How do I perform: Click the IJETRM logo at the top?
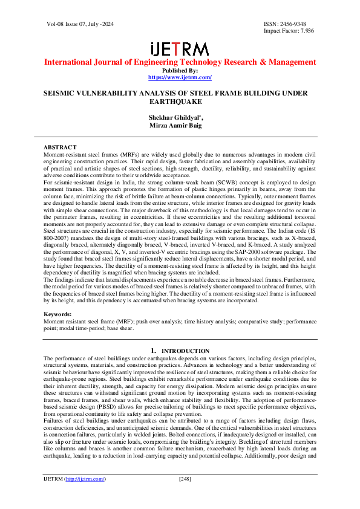click(180, 49)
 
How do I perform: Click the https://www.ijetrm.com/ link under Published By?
click(180, 77)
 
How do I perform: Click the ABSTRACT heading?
click(60, 148)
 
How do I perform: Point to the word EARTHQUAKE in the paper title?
click(180, 102)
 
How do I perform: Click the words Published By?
click(180, 71)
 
